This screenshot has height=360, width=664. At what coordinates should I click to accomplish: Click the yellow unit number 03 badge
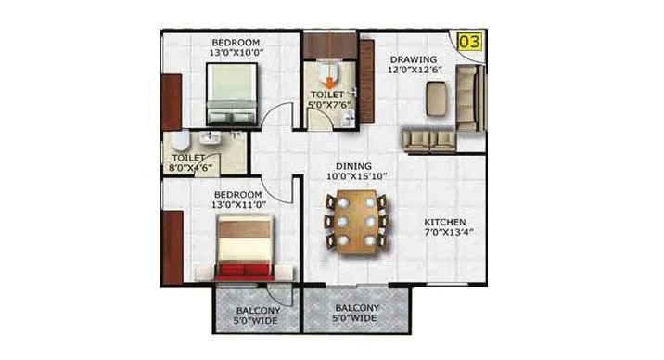pyautogui.click(x=470, y=42)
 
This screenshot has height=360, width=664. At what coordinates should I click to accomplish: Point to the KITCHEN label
pyautogui.click(x=444, y=223)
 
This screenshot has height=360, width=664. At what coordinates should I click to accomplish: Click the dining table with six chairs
pyautogui.click(x=356, y=222)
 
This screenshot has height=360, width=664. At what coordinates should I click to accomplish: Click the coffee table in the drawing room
pyautogui.click(x=436, y=97)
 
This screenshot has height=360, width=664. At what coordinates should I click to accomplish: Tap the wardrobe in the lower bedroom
pyautogui.click(x=172, y=246)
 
